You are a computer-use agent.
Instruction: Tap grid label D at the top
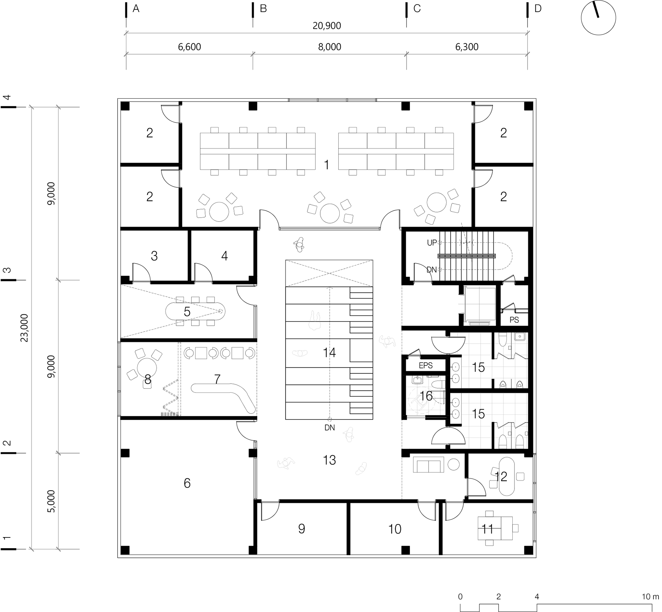pyautogui.click(x=538, y=9)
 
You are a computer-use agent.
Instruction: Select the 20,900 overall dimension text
pyautogui.click(x=327, y=26)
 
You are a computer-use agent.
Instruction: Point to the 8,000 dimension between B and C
pyautogui.click(x=330, y=47)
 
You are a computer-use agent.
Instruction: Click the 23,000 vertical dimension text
pyautogui.click(x=24, y=328)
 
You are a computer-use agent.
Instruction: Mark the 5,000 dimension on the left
pyautogui.click(x=51, y=501)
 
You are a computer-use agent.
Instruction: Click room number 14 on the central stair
pyautogui.click(x=329, y=353)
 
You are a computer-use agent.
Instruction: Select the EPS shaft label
pyautogui.click(x=425, y=365)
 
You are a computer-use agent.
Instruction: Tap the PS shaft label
pyautogui.click(x=514, y=320)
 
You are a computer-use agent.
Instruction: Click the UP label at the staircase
pyautogui.click(x=432, y=243)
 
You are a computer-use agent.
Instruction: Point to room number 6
pyautogui.click(x=187, y=483)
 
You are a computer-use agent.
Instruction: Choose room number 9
pyautogui.click(x=302, y=529)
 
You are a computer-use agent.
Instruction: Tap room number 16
pyautogui.click(x=427, y=396)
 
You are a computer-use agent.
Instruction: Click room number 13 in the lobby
pyautogui.click(x=329, y=460)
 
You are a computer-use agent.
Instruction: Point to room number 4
pyautogui.click(x=224, y=256)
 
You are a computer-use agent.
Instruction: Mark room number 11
pyautogui.click(x=488, y=529)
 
